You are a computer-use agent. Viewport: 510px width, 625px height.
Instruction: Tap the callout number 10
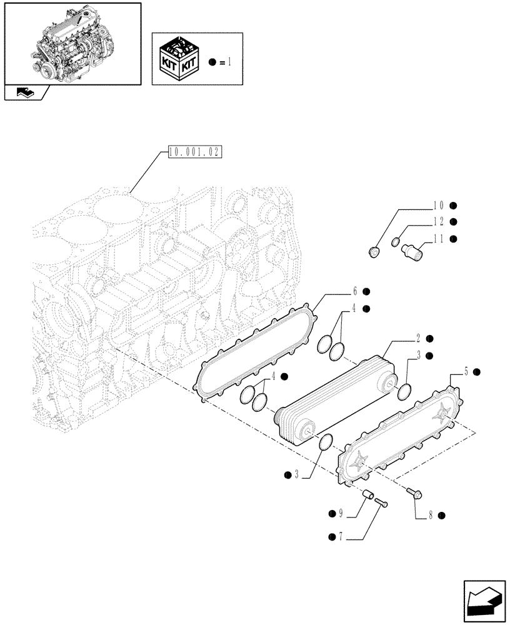pos(437,205)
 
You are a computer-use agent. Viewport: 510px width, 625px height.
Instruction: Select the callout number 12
pos(437,221)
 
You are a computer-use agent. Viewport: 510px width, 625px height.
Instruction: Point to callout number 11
pos(437,238)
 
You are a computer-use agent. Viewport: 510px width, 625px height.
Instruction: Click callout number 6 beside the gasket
pos(354,291)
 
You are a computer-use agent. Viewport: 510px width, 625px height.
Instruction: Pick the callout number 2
pos(417,338)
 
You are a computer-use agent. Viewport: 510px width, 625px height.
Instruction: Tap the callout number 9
pos(341,514)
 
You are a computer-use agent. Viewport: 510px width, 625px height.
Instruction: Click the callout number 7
pos(341,537)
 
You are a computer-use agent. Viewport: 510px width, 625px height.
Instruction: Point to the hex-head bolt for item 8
pos(414,494)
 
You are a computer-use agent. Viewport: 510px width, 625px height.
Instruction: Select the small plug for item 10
pos(374,252)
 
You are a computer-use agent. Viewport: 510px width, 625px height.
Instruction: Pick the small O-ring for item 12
pos(396,242)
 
